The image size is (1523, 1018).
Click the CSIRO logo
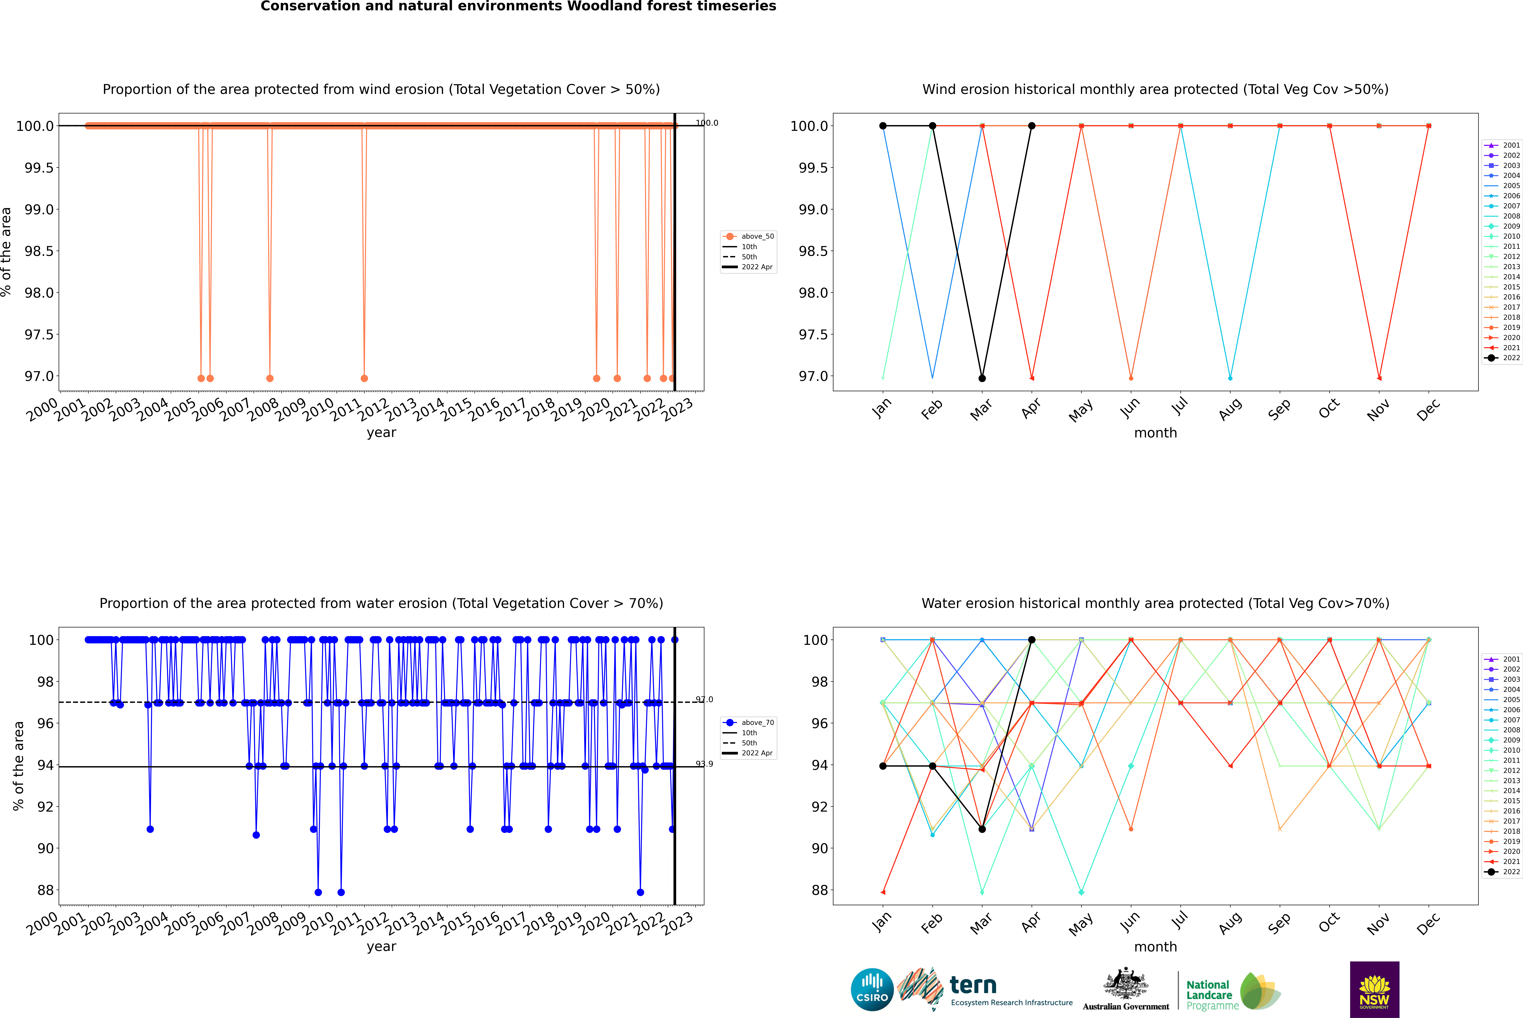(x=872, y=989)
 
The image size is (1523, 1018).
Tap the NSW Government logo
(x=1374, y=989)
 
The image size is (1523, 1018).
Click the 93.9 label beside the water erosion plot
(x=704, y=763)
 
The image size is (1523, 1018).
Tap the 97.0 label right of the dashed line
(x=704, y=699)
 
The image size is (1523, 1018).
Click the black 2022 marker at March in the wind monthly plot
(x=982, y=378)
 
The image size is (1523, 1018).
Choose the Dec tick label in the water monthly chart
(x=1428, y=923)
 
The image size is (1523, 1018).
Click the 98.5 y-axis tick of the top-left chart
(x=39, y=251)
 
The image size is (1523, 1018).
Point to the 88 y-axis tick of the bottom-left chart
(x=45, y=890)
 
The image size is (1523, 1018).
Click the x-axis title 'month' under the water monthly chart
(x=1156, y=947)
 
